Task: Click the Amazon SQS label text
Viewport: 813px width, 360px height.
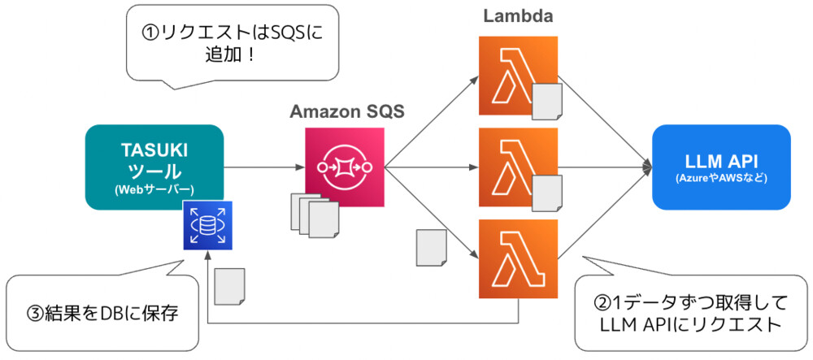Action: click(347, 112)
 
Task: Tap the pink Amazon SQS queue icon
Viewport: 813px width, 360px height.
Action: click(344, 167)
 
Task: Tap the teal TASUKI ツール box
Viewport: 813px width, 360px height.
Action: click(154, 167)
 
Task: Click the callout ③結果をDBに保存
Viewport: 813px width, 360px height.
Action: click(102, 312)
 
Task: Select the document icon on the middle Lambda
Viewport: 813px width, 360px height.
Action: click(546, 192)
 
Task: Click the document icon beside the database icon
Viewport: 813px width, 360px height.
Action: click(230, 285)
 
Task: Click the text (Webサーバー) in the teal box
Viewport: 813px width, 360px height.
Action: click(154, 189)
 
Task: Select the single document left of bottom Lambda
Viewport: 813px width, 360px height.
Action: click(431, 245)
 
